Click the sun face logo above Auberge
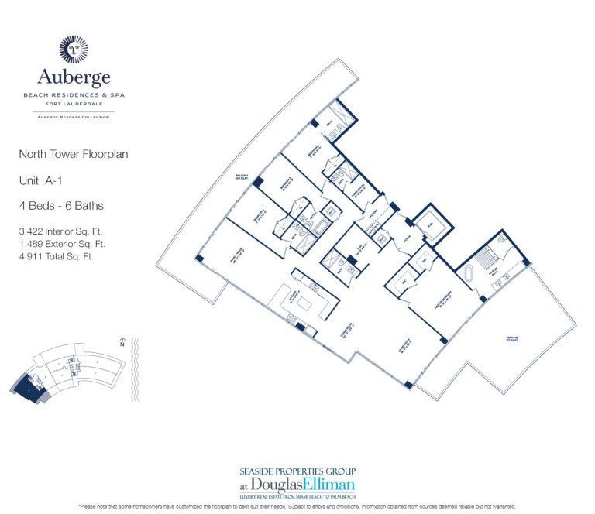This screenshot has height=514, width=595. [74, 49]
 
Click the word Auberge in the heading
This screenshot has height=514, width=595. [74, 77]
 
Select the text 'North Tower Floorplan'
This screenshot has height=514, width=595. [73, 154]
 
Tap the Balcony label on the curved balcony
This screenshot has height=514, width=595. [241, 177]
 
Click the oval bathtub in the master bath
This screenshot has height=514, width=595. [469, 275]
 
